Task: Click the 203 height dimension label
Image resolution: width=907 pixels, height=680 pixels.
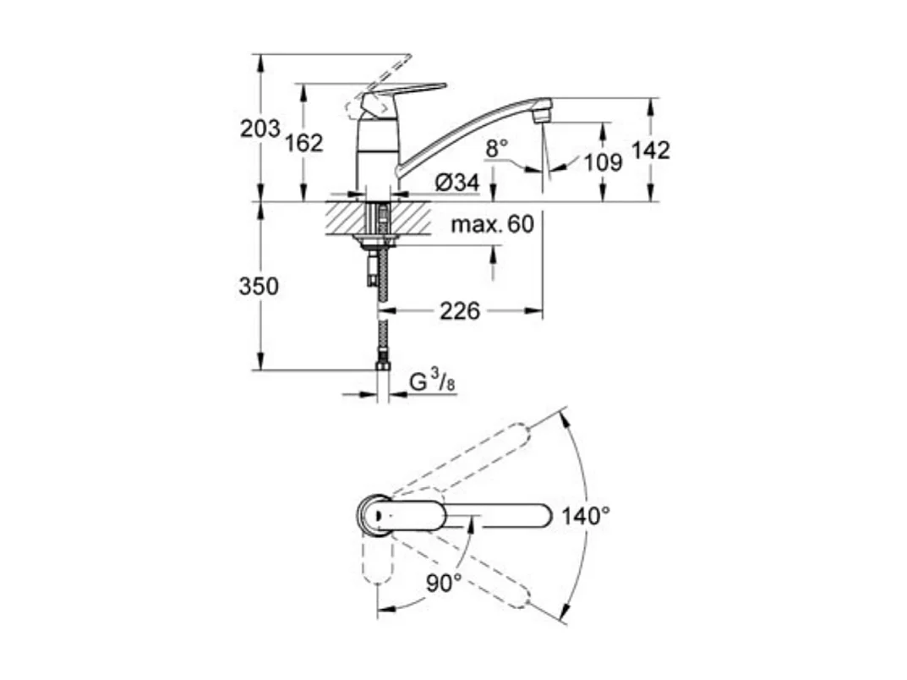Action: [260, 129]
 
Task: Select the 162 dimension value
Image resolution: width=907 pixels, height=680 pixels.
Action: [303, 143]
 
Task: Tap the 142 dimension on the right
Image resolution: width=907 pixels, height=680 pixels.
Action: [650, 150]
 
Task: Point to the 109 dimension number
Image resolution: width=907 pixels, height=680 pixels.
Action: [602, 162]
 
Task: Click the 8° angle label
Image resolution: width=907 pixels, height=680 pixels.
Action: [496, 148]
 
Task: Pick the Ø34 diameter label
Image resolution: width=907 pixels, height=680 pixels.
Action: [457, 182]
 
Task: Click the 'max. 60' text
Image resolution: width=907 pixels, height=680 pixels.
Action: [492, 224]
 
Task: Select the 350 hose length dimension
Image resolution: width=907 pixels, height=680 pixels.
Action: [258, 286]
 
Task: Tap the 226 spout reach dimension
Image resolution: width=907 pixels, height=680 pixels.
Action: [459, 311]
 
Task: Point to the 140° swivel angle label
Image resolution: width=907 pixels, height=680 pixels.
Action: [586, 515]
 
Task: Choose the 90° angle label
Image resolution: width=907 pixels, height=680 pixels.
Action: [443, 582]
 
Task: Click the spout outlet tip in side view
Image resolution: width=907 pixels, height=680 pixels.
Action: [542, 109]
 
